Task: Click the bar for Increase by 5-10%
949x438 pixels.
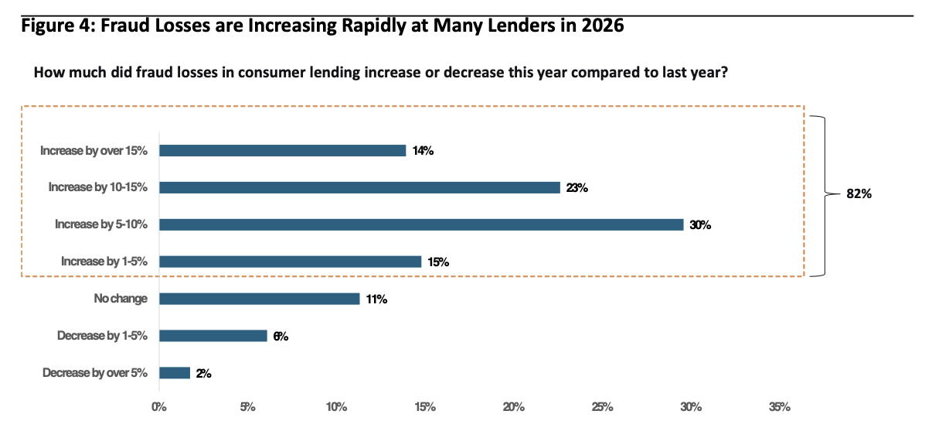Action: (421, 224)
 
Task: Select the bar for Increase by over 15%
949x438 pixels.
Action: (283, 151)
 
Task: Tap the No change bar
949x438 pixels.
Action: (260, 299)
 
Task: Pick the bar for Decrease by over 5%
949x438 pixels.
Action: (175, 373)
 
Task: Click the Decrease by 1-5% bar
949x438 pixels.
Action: (213, 336)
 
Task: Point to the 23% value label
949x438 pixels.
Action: (577, 187)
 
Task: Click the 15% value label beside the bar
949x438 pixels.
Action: (438, 262)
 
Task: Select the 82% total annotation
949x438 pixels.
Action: (859, 194)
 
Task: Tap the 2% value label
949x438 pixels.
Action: (203, 374)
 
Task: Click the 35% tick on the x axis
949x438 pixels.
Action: (780, 407)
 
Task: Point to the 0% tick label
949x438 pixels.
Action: (159, 407)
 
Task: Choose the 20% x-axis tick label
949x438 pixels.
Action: (513, 407)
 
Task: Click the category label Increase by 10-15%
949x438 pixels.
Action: (98, 187)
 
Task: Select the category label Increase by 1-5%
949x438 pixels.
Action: (104, 261)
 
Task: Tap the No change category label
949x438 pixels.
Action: (121, 299)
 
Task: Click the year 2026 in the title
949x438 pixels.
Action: (603, 26)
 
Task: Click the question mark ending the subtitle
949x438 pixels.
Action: (724, 72)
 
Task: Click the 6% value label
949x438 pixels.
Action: (281, 336)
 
